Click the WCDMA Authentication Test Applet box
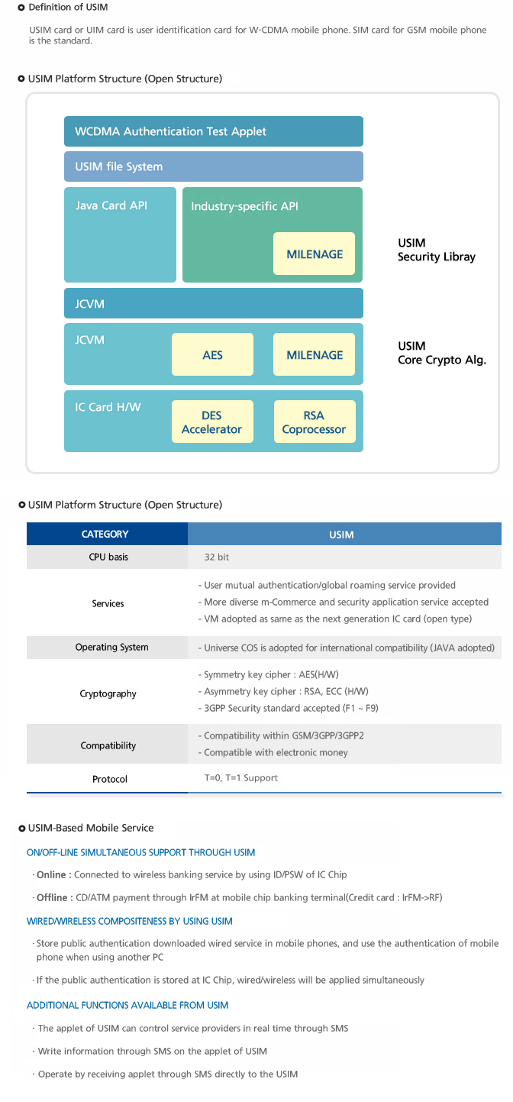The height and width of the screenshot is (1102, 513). coord(214,131)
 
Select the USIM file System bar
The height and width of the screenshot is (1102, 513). coord(214,166)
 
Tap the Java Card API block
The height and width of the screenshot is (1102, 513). coord(120,234)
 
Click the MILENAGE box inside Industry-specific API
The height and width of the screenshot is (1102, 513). coord(315,254)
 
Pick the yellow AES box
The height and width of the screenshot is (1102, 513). coord(212,354)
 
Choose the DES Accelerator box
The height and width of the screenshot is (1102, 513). coord(212,422)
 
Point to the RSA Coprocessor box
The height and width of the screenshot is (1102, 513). coord(315,422)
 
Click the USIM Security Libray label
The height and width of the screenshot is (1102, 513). coord(436,250)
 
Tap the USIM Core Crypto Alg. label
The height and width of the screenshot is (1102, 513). coord(442,353)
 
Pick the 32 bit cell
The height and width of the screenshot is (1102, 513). coord(216,557)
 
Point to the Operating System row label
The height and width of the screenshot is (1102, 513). coord(111,647)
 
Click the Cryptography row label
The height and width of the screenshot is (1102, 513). coord(108,693)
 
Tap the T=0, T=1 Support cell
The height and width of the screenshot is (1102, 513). coord(241,777)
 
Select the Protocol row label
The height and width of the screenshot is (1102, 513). coord(110,779)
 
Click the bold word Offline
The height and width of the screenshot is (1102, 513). coord(52,897)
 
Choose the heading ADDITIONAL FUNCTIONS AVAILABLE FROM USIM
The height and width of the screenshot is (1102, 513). coord(127,1005)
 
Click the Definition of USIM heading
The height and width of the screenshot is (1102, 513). coord(68,8)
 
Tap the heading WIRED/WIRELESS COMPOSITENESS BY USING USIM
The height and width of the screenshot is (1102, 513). coord(129,921)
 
